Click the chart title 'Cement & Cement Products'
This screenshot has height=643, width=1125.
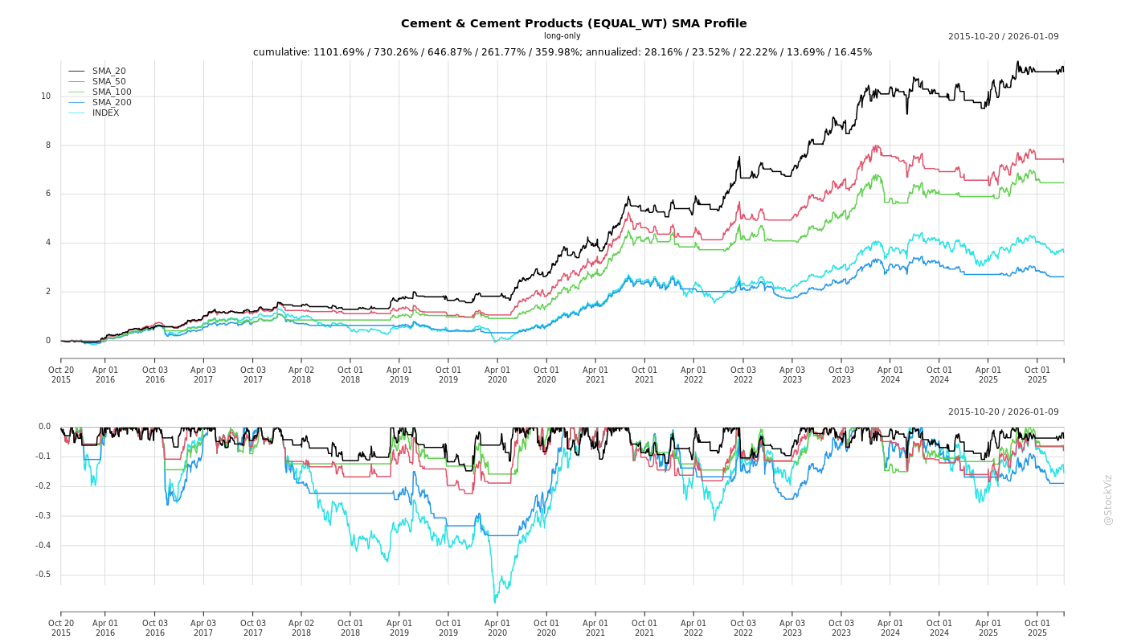click(574, 23)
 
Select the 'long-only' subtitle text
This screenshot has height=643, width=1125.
click(562, 36)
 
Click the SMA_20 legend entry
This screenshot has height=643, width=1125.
click(108, 72)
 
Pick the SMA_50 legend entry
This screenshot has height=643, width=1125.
click(108, 82)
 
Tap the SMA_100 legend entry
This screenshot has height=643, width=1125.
click(112, 92)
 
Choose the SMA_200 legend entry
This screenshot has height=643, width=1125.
click(112, 103)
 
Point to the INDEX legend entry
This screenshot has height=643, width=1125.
click(105, 113)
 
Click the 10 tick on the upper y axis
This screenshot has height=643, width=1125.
click(46, 96)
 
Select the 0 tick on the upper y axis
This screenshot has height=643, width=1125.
click(47, 341)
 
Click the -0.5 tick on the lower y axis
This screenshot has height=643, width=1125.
click(43, 575)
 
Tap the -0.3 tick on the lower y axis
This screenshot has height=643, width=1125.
click(43, 516)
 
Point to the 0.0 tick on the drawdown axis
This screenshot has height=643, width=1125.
click(44, 427)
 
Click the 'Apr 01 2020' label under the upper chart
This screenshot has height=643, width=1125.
click(497, 375)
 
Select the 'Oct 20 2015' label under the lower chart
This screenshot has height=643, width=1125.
click(61, 628)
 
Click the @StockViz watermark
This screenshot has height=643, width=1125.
click(1108, 499)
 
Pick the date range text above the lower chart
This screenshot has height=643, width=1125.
click(1003, 412)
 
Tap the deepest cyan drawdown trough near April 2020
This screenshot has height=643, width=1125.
click(495, 602)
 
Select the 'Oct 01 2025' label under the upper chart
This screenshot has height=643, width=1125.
click(1037, 375)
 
